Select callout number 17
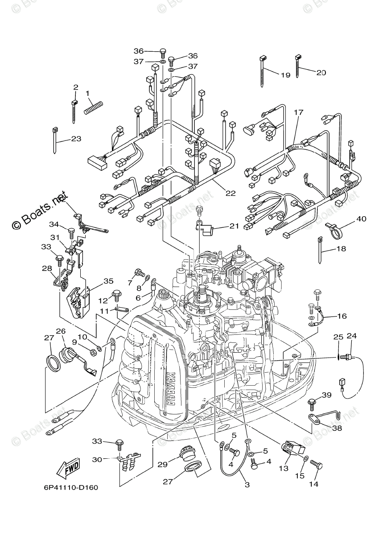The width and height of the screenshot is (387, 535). click(298, 112)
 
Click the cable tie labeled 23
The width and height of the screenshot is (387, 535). click(56, 140)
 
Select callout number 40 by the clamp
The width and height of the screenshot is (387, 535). click(361, 219)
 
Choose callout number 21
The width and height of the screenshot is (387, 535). click(235, 226)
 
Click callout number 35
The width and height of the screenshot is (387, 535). click(109, 281)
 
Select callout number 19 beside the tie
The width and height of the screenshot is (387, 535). click(285, 75)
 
